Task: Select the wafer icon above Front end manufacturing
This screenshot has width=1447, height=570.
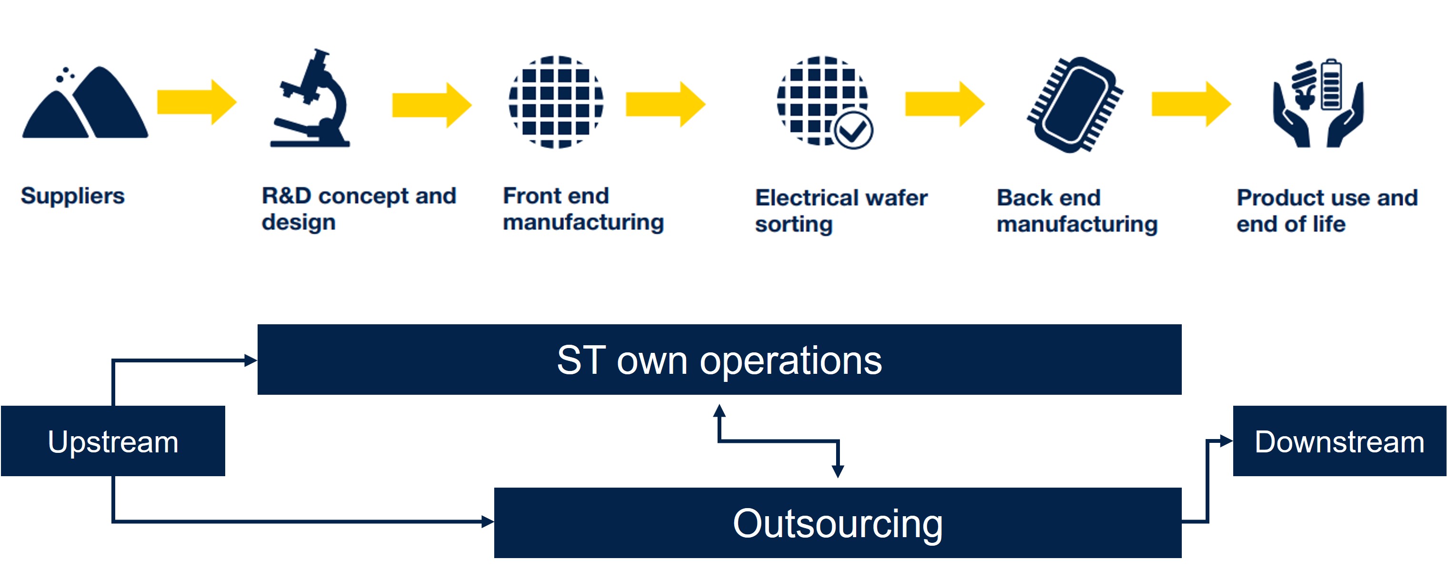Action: point(556,101)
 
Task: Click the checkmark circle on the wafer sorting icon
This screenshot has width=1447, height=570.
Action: point(853,131)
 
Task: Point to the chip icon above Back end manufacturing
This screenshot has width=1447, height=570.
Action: point(1075,104)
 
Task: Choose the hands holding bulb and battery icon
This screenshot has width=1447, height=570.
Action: point(1317,104)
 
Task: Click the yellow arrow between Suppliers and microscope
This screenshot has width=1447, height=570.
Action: point(197,102)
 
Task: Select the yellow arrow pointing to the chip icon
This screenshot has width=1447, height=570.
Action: point(944,104)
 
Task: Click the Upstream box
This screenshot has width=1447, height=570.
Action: point(113,441)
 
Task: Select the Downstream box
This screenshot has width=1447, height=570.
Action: point(1339,441)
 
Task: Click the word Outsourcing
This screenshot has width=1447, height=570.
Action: point(838,523)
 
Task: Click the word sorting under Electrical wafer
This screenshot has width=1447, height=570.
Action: point(793,224)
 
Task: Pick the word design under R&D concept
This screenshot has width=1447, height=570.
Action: point(298,222)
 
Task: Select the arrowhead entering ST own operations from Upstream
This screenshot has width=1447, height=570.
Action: point(250,360)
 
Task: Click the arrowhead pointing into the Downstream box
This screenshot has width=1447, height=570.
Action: point(1226,441)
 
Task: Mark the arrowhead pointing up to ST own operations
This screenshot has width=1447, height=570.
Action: point(719,410)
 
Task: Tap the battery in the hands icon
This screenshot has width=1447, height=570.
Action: point(1332,84)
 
